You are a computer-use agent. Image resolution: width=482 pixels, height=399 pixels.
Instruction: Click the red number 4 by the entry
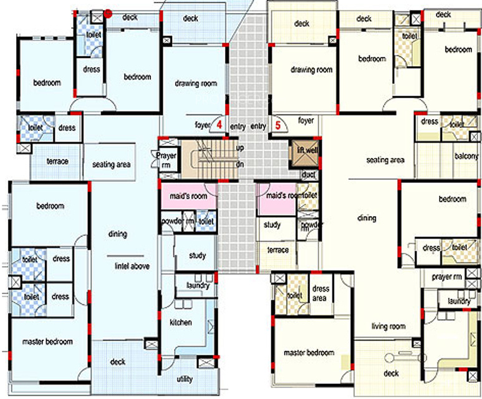(219, 125)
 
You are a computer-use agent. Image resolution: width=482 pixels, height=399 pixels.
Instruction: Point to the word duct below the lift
(308, 175)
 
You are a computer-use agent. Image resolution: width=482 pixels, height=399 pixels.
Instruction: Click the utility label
(185, 379)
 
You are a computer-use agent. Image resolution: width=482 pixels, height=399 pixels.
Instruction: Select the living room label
(388, 326)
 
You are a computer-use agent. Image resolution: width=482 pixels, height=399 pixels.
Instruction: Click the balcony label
(466, 156)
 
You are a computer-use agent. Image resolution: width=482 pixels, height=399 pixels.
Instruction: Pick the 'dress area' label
(321, 293)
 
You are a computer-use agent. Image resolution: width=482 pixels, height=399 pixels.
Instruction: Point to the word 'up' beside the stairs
(240, 148)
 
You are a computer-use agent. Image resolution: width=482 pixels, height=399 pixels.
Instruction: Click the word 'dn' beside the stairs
(240, 164)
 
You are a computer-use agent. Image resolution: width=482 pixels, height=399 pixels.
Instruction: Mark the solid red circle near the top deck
(108, 12)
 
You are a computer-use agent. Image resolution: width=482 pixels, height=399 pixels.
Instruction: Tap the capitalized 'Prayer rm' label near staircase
(166, 159)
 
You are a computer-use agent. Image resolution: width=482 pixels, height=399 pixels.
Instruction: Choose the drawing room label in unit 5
(311, 70)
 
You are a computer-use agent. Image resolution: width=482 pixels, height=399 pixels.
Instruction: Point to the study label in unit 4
(197, 255)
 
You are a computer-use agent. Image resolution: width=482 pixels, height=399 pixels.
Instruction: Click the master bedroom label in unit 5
(309, 353)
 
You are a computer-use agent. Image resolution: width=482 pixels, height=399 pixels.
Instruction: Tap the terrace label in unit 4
(57, 161)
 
